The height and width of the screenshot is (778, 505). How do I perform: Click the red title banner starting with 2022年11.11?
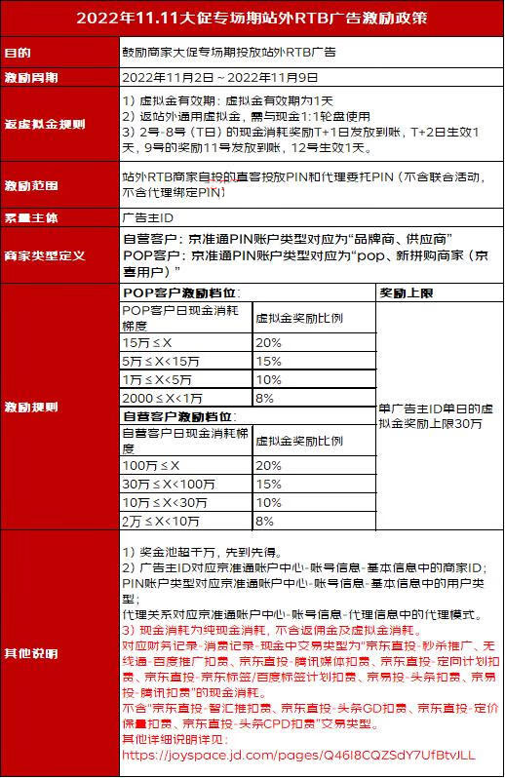252,19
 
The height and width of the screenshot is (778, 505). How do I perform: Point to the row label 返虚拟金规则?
44,124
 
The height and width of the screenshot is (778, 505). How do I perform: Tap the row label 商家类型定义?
44,256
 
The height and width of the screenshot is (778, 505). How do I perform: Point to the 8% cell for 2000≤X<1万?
264,398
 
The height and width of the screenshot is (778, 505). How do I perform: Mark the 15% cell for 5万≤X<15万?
268,362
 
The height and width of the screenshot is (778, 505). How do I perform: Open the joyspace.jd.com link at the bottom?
300,755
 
